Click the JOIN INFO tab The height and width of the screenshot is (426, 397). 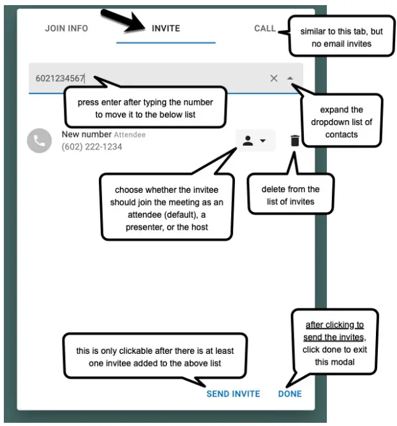pyautogui.click(x=66, y=28)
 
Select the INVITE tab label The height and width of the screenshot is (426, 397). pyautogui.click(x=166, y=28)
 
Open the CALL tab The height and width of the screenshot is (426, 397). pyautogui.click(x=265, y=28)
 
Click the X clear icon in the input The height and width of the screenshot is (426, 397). pyautogui.click(x=274, y=78)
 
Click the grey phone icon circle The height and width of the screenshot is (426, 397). pyautogui.click(x=39, y=141)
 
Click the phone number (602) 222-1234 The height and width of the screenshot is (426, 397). pyautogui.click(x=92, y=147)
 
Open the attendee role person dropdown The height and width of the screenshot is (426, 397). pyautogui.click(x=255, y=141)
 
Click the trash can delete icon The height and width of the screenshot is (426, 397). pyautogui.click(x=294, y=141)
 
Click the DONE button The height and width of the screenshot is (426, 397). pyautogui.click(x=290, y=393)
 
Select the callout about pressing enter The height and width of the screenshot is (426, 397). pyautogui.click(x=145, y=108)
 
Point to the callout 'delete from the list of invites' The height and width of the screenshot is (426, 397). pyautogui.click(x=290, y=195)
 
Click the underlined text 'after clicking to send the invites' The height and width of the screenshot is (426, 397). pyautogui.click(x=334, y=330)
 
